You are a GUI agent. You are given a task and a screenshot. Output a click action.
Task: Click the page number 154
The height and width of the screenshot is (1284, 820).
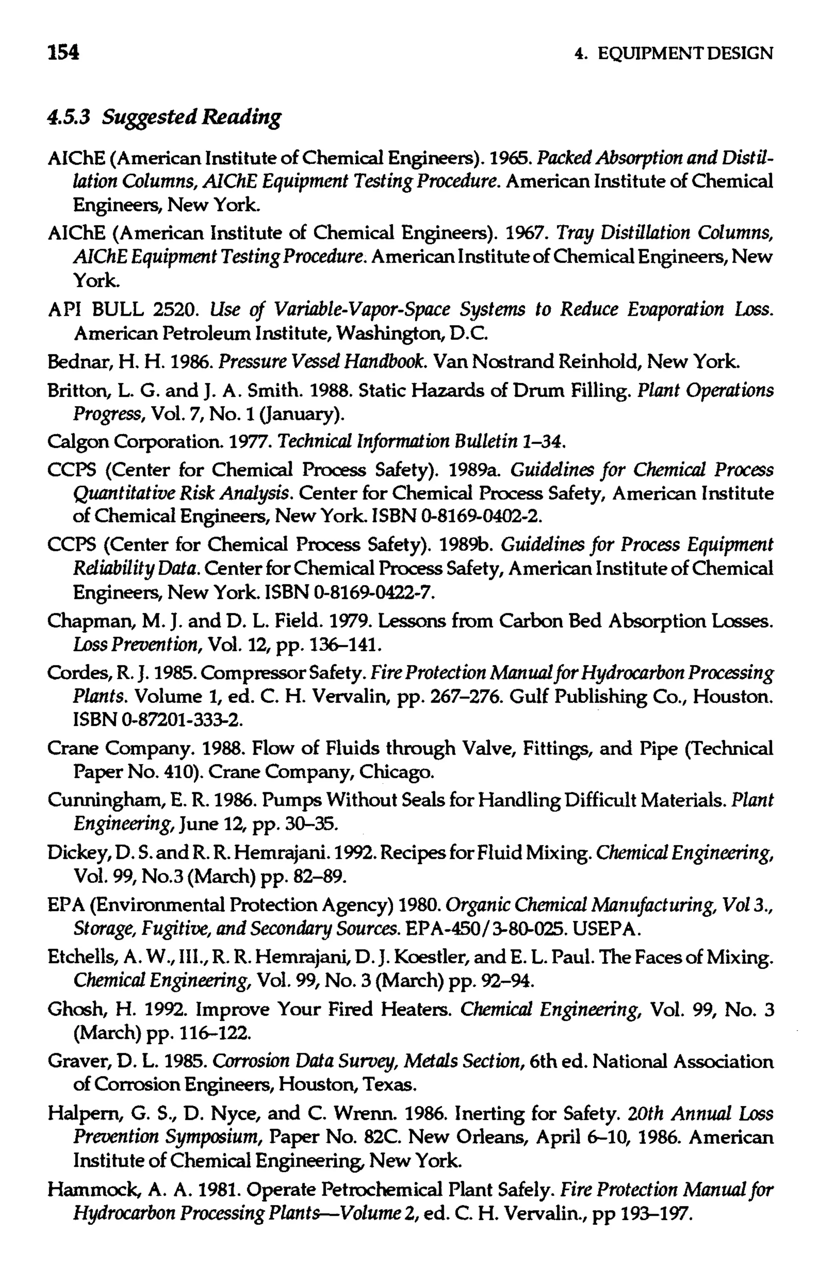click(x=63, y=52)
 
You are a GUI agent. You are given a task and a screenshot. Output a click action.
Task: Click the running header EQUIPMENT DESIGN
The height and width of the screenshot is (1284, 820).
click(x=685, y=53)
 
